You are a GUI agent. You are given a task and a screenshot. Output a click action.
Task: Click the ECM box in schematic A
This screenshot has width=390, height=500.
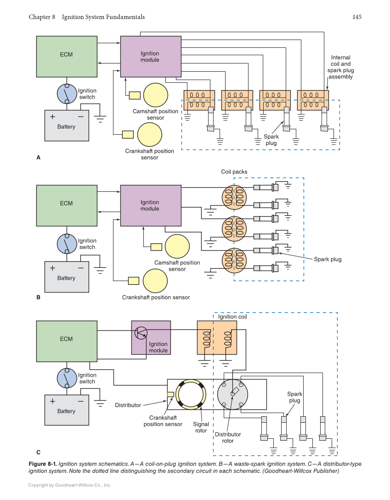tap(67, 57)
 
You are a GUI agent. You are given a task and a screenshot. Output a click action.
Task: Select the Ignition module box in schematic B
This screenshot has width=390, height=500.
tap(150, 205)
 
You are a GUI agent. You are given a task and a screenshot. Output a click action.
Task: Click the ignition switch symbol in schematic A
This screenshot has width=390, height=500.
tap(67, 94)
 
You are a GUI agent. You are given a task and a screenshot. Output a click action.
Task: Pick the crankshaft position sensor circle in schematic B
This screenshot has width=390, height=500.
tap(155, 281)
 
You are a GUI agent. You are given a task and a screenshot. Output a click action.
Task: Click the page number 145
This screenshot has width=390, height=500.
tap(357, 17)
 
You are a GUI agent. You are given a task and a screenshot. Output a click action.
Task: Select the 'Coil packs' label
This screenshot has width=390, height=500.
tap(234, 172)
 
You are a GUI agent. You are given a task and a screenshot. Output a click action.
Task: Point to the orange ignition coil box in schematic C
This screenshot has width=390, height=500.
tap(217, 337)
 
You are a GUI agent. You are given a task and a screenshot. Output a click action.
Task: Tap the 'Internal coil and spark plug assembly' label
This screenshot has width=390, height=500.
tap(340, 67)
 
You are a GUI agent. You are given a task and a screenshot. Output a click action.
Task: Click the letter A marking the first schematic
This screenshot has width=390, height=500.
tap(39, 157)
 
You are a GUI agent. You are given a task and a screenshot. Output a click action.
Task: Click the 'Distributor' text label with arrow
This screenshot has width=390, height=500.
tap(128, 405)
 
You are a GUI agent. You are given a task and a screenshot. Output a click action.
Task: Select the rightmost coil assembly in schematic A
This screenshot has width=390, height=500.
tap(313, 100)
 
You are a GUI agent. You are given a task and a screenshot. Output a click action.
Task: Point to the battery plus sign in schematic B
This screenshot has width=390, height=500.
tap(52, 268)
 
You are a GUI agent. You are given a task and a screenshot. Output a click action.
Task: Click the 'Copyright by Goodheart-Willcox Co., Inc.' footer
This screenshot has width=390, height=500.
tap(69, 485)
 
